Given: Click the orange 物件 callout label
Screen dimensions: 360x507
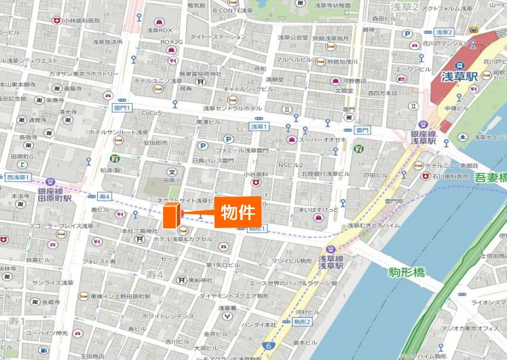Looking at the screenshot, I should [x=238, y=212].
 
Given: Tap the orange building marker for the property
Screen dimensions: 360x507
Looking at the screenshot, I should [x=171, y=215].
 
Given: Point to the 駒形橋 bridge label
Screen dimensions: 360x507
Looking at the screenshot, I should [x=407, y=272].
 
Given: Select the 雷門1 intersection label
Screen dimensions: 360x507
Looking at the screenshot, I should [x=122, y=107].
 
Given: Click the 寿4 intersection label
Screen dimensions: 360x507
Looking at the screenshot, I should [x=105, y=196].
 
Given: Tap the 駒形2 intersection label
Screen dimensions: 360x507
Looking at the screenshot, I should [x=302, y=321].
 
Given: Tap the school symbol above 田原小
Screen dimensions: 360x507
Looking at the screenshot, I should [x=172, y=172].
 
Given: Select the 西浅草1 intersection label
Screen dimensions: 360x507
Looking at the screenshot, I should [x=19, y=177].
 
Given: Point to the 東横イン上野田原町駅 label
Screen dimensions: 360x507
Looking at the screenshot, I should [x=119, y=296].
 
